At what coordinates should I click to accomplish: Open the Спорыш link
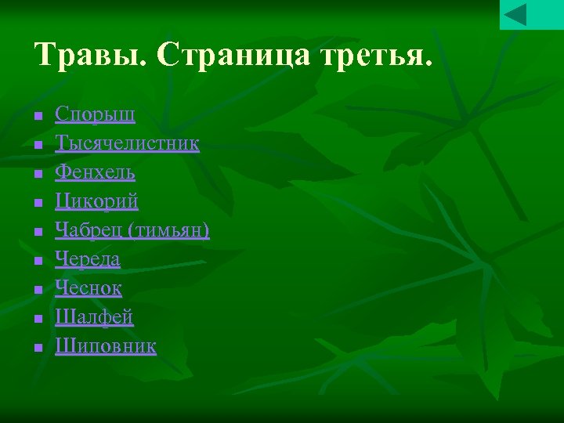[x=95, y=114]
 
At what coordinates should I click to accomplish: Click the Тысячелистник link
[x=127, y=143]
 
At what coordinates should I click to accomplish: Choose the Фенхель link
[x=95, y=172]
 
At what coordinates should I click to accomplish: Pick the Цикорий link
[x=96, y=201]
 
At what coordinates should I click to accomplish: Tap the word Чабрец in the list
[x=88, y=230]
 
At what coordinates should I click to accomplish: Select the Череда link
[x=88, y=259]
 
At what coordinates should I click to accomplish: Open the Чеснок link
[x=89, y=288]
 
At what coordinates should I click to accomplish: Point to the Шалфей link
[x=94, y=317]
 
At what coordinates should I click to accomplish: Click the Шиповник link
[x=106, y=346]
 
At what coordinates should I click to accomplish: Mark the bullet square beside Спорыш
[x=37, y=116]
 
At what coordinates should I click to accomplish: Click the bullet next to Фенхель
[x=37, y=174]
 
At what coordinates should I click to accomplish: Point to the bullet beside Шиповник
[x=37, y=348]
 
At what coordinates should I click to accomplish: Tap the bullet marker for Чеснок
[x=37, y=290]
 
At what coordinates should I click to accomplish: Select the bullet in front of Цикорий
[x=37, y=203]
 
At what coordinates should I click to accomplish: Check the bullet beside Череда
[x=37, y=261]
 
